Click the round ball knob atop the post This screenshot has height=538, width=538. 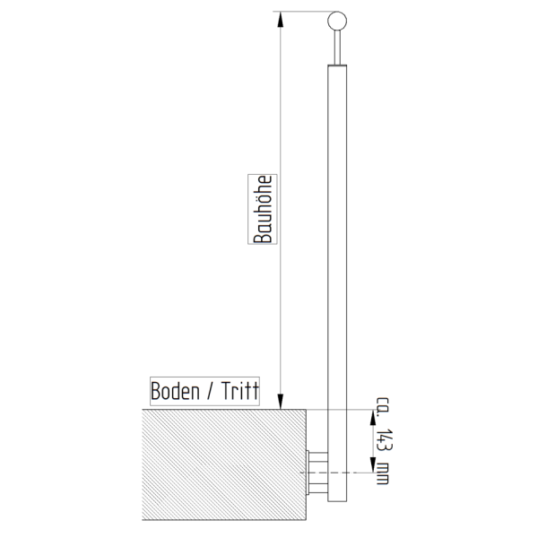click(x=337, y=21)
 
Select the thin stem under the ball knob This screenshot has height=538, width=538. click(x=337, y=48)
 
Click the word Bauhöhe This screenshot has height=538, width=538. click(x=263, y=209)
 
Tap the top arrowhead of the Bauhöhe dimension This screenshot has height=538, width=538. click(x=281, y=19)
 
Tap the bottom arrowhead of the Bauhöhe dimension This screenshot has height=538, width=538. click(x=281, y=402)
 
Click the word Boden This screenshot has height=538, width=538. click(x=175, y=391)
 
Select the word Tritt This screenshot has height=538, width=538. click(x=239, y=391)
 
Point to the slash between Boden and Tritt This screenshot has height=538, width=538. click(x=210, y=391)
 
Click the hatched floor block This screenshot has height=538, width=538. click(x=224, y=464)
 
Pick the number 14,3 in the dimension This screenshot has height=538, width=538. click(x=384, y=439)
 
